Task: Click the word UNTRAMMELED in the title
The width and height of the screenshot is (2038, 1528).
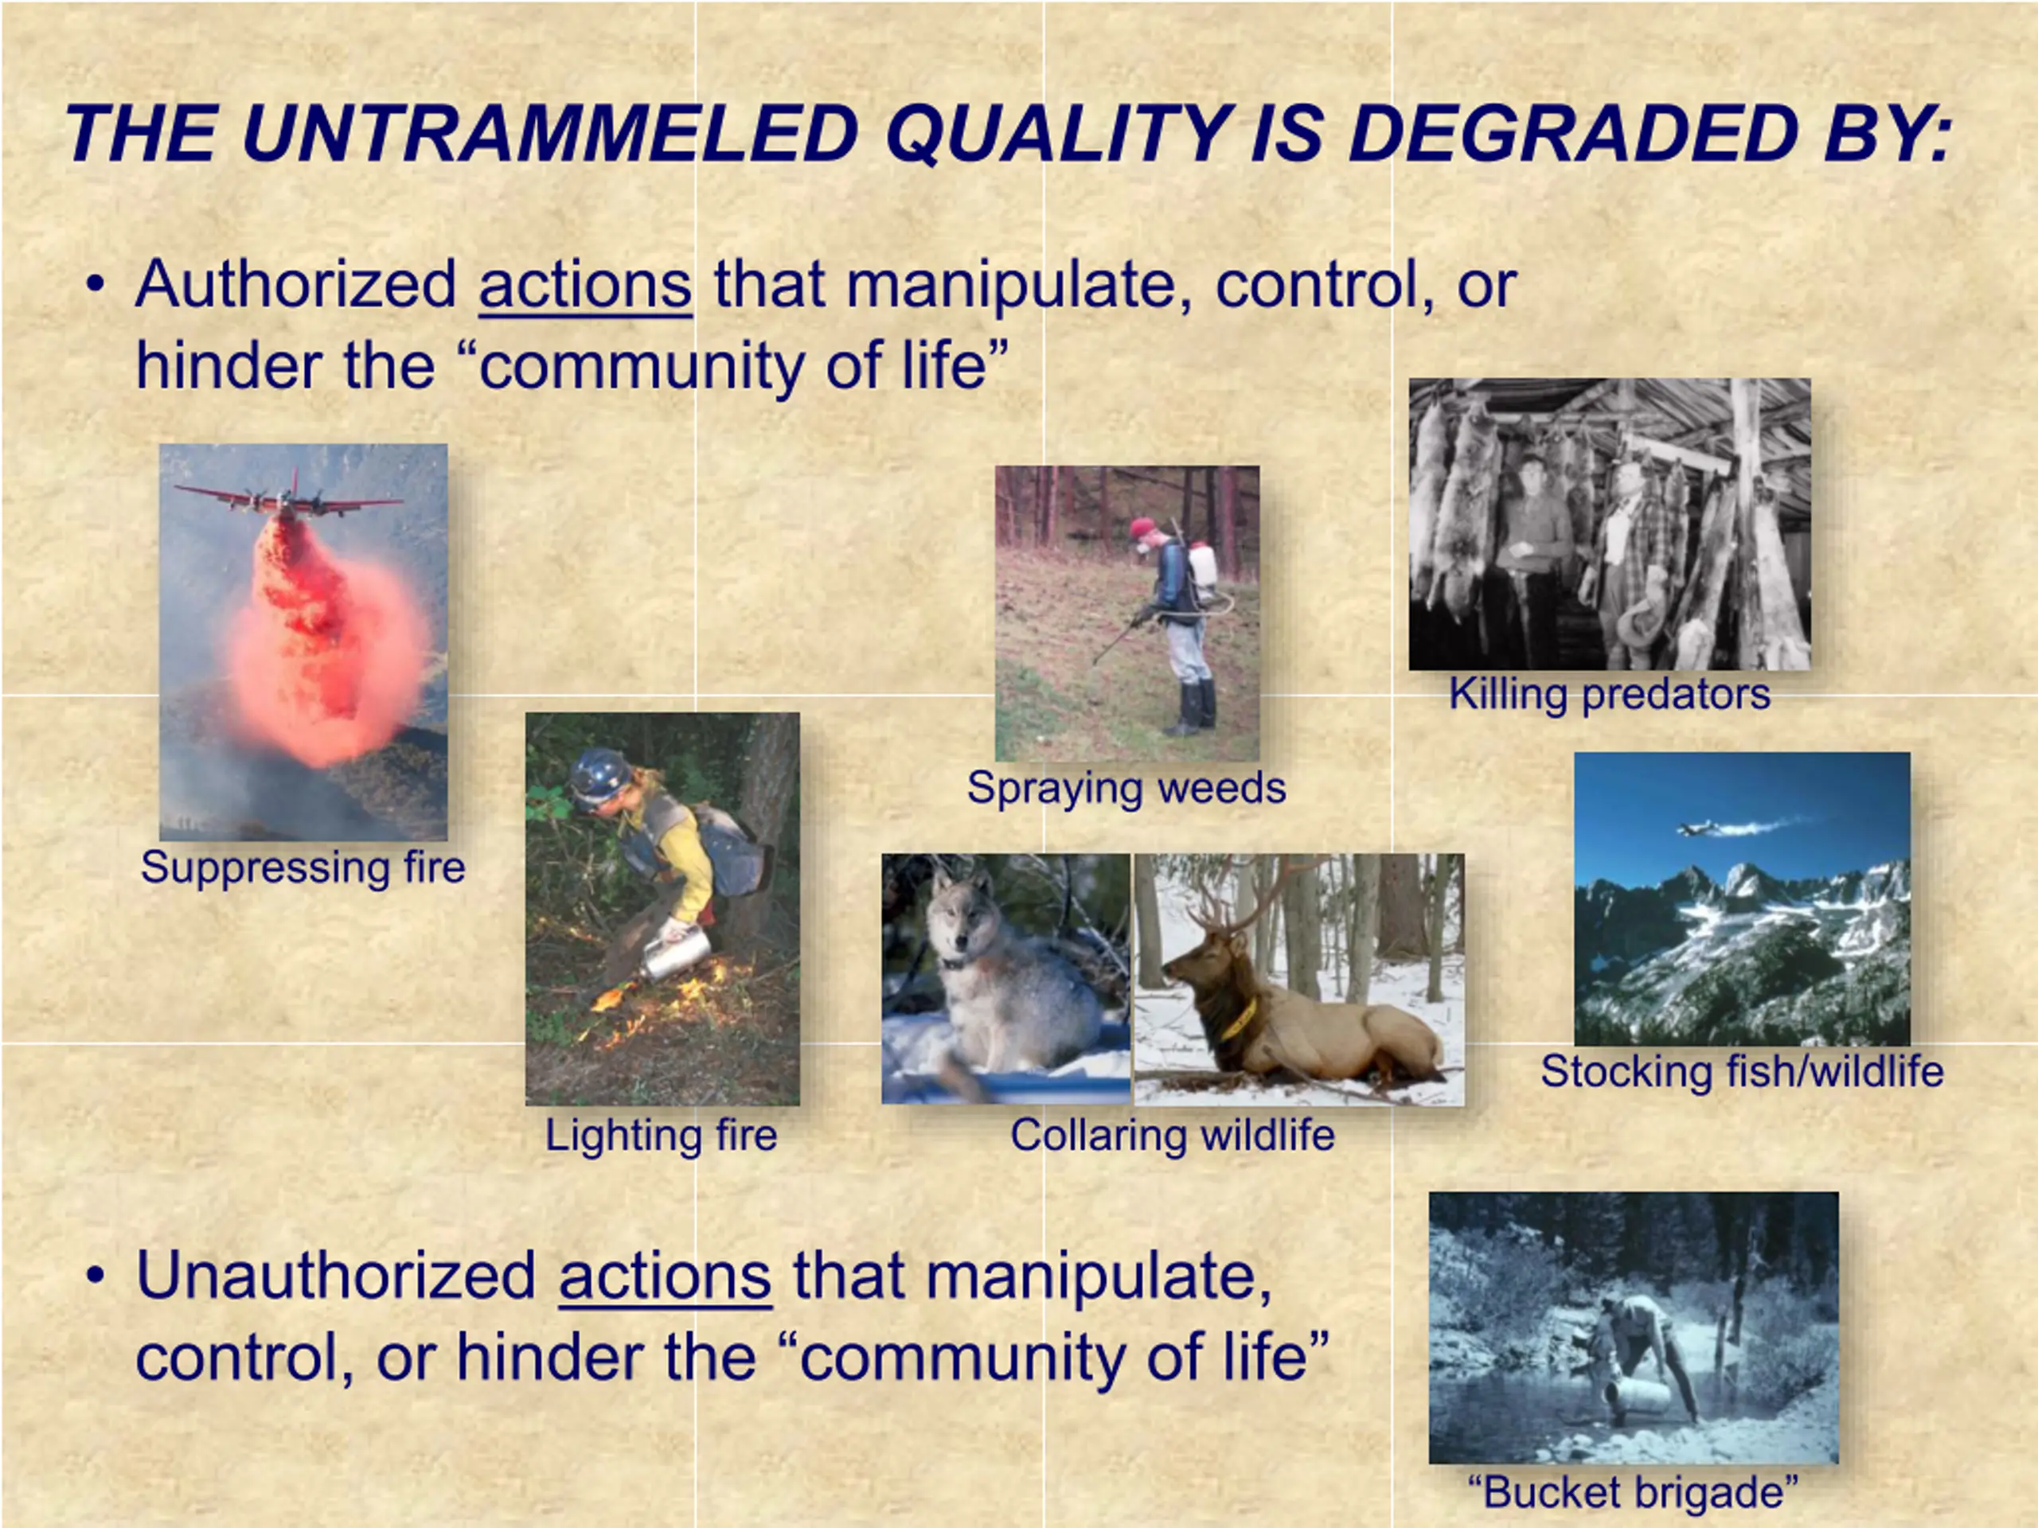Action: tap(550, 134)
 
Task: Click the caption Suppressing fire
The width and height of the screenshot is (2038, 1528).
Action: tap(303, 867)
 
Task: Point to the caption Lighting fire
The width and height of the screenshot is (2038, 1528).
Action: tap(662, 1135)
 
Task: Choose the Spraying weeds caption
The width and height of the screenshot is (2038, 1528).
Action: tap(1126, 789)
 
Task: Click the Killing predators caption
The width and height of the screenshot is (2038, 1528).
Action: tap(1610, 693)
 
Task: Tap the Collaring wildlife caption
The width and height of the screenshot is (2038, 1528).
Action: tap(1172, 1135)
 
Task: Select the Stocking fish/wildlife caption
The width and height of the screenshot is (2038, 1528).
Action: tap(1742, 1071)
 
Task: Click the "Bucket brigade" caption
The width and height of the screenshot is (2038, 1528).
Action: tap(1634, 1493)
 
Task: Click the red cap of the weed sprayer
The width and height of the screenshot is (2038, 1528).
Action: tap(1142, 528)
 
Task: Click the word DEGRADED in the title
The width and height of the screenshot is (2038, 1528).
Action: tap(1573, 134)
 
